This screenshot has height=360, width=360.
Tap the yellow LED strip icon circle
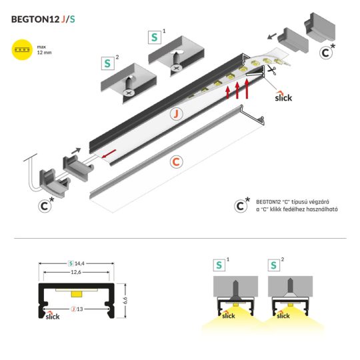23,51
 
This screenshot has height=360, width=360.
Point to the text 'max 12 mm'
45,51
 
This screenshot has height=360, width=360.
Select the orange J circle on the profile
176,114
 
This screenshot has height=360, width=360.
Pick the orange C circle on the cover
176,161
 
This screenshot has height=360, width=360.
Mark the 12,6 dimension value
77,272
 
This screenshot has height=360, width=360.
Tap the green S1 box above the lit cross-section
219,265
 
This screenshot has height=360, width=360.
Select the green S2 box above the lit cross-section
274,265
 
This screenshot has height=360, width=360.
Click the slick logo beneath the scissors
283,97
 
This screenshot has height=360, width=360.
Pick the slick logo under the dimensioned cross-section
52,316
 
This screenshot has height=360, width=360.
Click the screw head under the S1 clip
176,67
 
